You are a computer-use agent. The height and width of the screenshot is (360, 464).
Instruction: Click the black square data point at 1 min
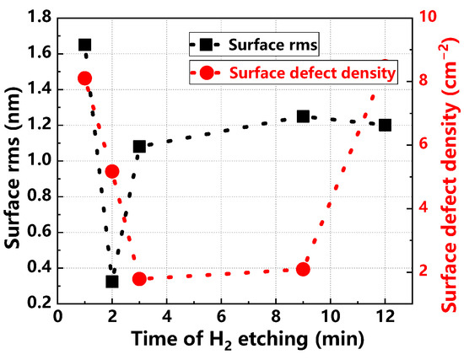(84, 45)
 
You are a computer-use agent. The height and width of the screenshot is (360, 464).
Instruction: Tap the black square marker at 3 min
(139, 147)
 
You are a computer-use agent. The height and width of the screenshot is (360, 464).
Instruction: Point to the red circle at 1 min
(84, 78)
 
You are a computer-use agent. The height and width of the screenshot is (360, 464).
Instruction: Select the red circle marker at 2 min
(112, 172)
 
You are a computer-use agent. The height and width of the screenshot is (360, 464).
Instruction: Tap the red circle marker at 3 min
(139, 279)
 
